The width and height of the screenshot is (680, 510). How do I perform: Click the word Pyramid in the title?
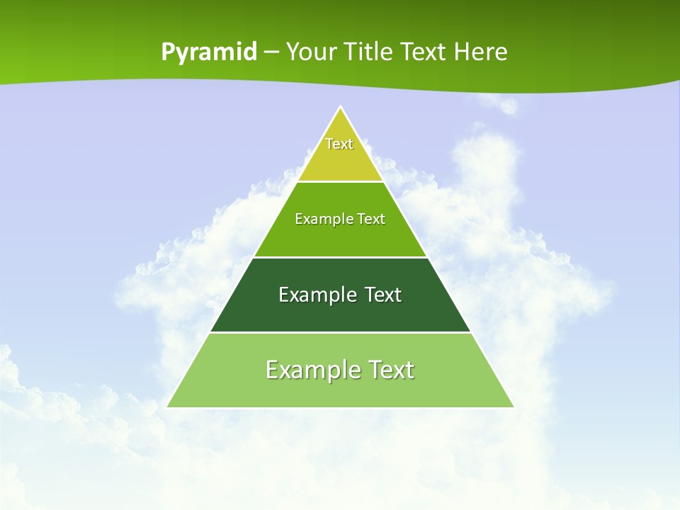(x=209, y=52)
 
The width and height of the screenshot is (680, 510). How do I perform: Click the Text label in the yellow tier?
(x=339, y=144)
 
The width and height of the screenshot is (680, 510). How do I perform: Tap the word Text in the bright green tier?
(x=371, y=219)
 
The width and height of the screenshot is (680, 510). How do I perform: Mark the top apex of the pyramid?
(x=341, y=107)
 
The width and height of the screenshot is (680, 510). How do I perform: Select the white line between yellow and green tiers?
(x=341, y=181)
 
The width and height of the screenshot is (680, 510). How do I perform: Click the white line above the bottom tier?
(x=341, y=332)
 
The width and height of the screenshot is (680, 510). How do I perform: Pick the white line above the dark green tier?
(x=341, y=257)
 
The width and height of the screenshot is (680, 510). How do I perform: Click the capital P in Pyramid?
(x=167, y=52)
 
